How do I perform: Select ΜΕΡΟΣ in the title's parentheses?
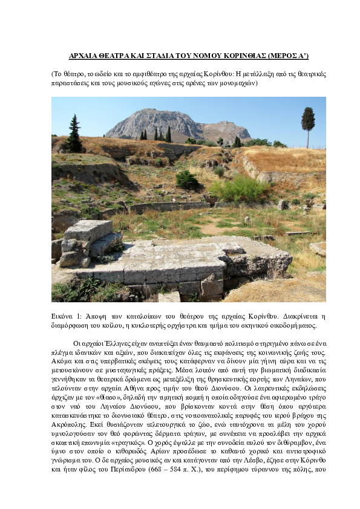pyautogui.click(x=286, y=56)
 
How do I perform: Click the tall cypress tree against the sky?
pyautogui.click(x=308, y=124)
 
